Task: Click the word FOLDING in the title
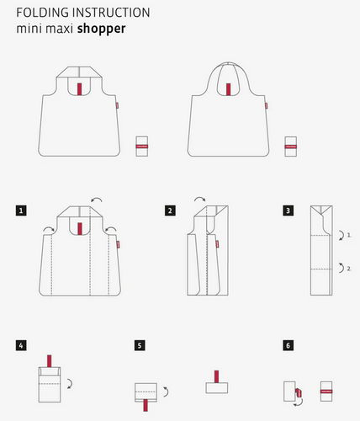(43, 13)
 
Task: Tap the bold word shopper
(102, 29)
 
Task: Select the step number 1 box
(21, 210)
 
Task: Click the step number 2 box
(170, 210)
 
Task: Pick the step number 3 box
(289, 210)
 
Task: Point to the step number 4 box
(21, 345)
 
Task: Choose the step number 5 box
(140, 345)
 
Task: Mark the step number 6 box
(289, 345)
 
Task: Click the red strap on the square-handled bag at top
(80, 89)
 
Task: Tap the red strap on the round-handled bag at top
(229, 89)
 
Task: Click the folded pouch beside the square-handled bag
(142, 147)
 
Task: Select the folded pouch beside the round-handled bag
(291, 147)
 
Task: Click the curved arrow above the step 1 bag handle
(97, 199)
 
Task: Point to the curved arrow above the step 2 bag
(200, 198)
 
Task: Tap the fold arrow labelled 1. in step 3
(342, 235)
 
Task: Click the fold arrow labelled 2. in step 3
(342, 268)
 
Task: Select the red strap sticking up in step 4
(50, 361)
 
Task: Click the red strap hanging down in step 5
(146, 406)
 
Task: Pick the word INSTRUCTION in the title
(111, 13)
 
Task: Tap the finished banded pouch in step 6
(326, 392)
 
